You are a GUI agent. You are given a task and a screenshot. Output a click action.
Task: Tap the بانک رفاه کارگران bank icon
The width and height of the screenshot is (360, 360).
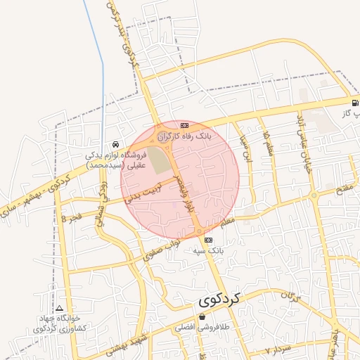point(184,124)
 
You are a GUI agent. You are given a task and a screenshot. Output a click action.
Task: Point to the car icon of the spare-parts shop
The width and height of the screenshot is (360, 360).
point(115,145)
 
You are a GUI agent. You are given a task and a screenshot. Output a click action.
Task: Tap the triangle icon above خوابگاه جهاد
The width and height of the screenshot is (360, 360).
point(60,309)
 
